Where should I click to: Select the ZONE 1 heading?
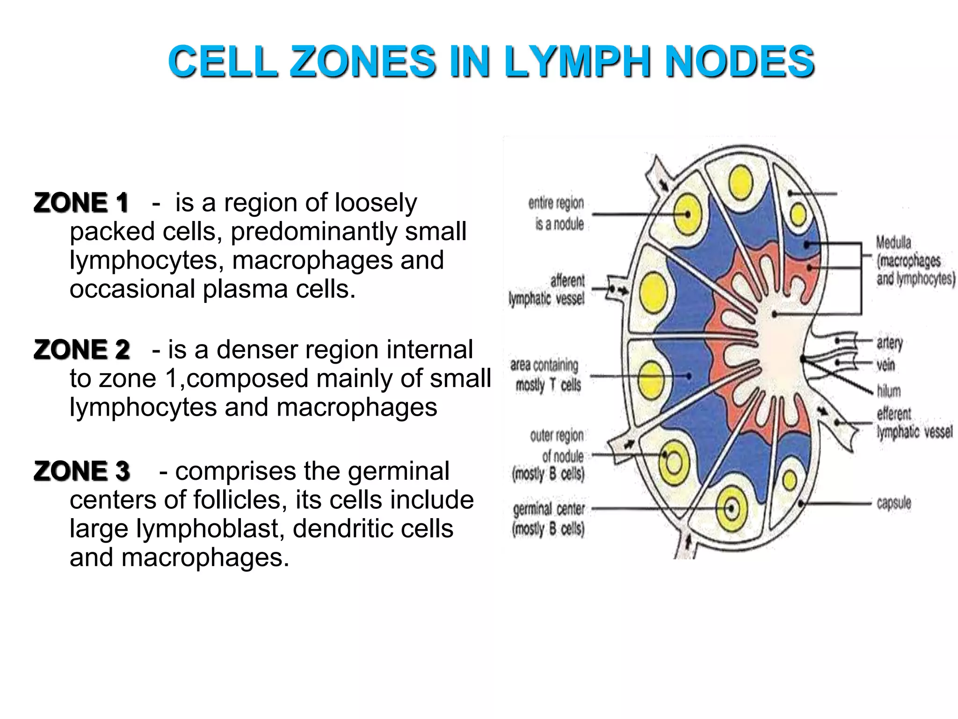coord(81,203)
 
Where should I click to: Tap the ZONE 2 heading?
coord(82,350)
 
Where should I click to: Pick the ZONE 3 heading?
coord(82,471)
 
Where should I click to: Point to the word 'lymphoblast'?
coord(210,529)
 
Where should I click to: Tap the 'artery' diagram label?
coord(889,343)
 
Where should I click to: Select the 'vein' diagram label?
coord(885,365)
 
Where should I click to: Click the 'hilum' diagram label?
coord(888,390)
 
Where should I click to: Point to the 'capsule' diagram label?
coord(893,503)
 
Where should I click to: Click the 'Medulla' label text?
coord(893,242)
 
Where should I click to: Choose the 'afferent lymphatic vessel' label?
coord(547,289)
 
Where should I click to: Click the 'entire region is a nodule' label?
coord(557,213)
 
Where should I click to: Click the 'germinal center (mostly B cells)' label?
coord(549,519)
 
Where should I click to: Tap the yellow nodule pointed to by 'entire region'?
coord(688,214)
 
